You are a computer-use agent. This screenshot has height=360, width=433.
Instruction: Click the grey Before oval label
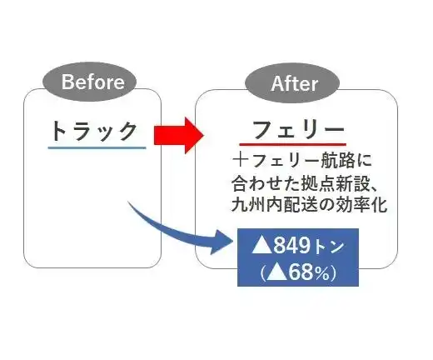89,82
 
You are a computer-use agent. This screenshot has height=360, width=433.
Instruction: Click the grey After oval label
292,83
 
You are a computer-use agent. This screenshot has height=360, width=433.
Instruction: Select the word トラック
94,131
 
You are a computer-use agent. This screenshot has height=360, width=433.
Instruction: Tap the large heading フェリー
298,130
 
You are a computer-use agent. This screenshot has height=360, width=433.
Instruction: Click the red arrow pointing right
179,135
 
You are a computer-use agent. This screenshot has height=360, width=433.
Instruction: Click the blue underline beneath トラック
97,147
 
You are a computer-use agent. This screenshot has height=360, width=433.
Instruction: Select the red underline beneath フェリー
293,144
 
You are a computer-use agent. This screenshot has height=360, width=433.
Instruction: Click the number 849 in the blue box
292,246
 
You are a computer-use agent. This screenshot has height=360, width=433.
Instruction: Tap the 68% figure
309,272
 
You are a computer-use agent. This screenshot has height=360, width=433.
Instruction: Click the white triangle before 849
261,245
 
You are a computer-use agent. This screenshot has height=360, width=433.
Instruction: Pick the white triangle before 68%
277,272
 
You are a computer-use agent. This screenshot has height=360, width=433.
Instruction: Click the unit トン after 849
328,247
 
